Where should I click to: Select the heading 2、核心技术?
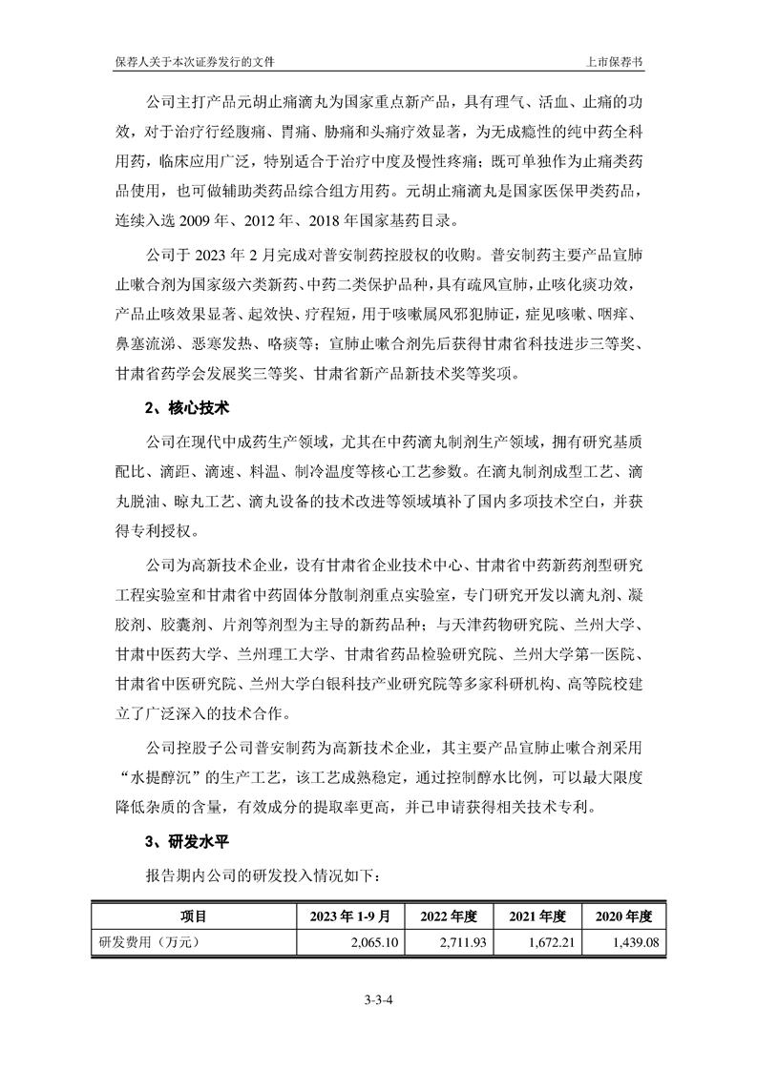point(187,408)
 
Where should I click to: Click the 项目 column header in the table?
point(194,916)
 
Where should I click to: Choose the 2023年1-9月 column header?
point(350,916)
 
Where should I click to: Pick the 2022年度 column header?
point(447,916)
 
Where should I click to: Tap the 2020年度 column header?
point(623,916)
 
